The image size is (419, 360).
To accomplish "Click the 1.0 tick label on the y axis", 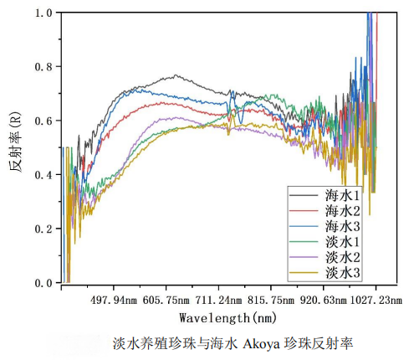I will (43, 13).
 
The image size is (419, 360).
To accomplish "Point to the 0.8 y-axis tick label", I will (43, 67).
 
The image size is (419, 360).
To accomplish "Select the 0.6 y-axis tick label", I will (43, 121).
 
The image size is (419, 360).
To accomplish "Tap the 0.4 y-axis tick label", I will (43, 175).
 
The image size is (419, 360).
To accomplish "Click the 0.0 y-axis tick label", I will (43, 283).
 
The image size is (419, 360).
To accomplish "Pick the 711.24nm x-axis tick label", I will (219, 299).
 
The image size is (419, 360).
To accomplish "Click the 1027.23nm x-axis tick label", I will (376, 299).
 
